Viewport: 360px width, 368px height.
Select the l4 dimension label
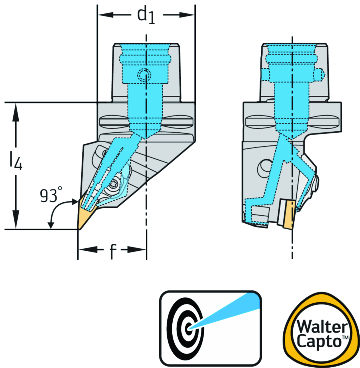coord(15,163)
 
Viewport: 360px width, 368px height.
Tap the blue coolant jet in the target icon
coord(229,311)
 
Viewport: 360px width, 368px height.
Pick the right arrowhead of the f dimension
coord(140,250)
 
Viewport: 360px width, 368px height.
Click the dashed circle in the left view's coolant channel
coord(144,74)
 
